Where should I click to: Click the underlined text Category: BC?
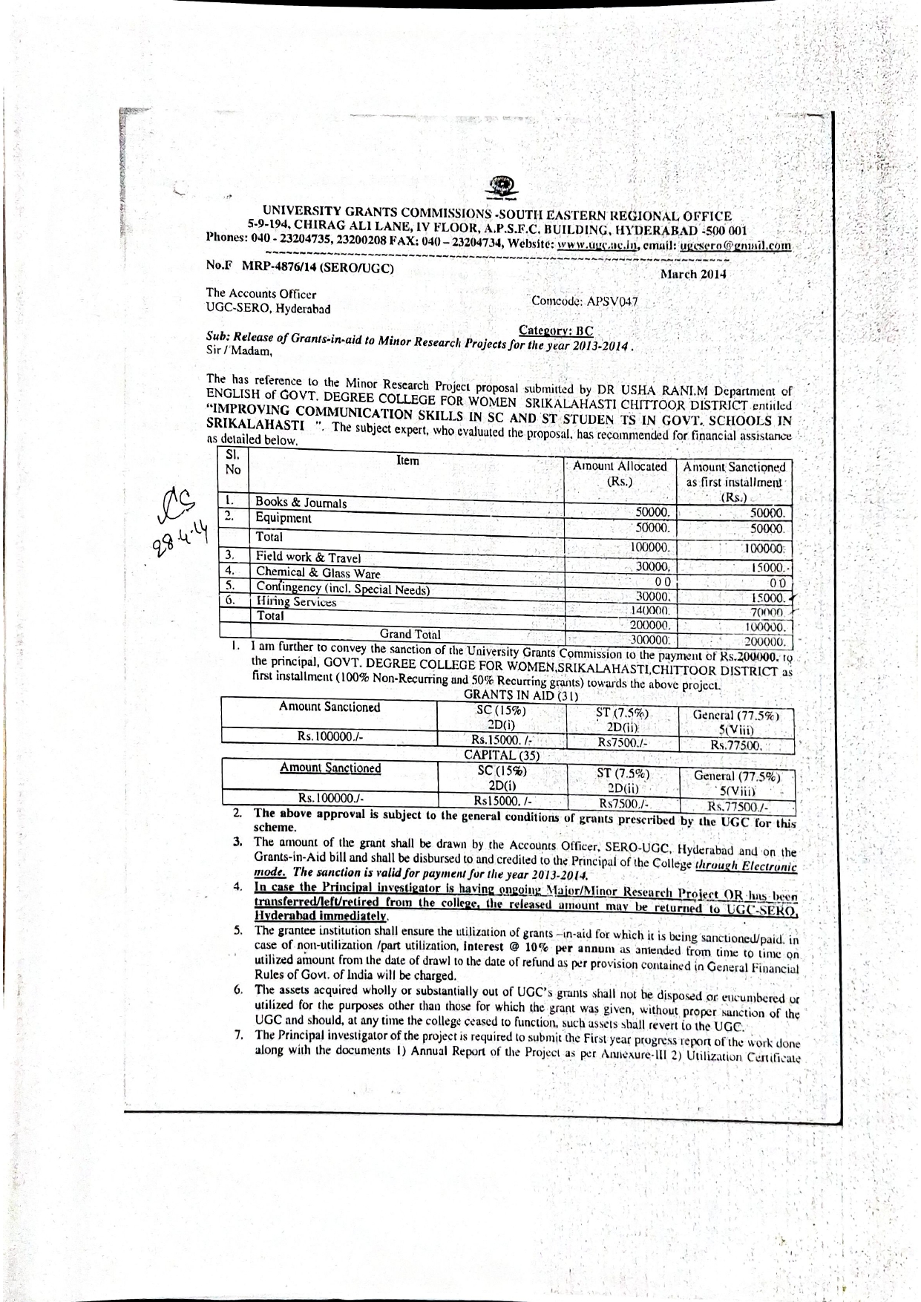tap(556, 331)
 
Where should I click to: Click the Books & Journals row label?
tap(301, 503)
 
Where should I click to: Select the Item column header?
tap(407, 460)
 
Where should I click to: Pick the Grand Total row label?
tap(410, 635)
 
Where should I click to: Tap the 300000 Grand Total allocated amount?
tap(650, 639)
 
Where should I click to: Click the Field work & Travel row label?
tap(308, 557)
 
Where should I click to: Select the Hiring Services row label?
tap(295, 601)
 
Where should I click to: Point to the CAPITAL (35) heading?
tap(502, 756)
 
